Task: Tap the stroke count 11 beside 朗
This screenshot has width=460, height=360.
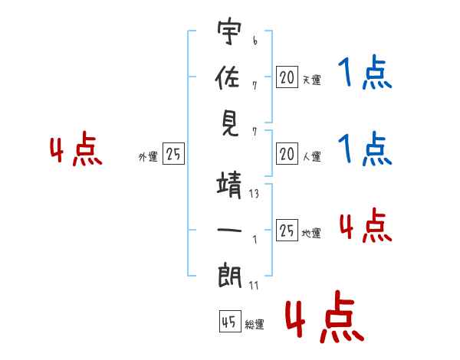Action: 254,286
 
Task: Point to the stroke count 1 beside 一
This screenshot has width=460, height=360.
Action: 255,238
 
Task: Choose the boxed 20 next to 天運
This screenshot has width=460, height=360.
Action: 287,77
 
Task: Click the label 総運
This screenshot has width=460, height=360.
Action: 255,325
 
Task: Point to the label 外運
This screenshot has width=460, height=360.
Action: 148,156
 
